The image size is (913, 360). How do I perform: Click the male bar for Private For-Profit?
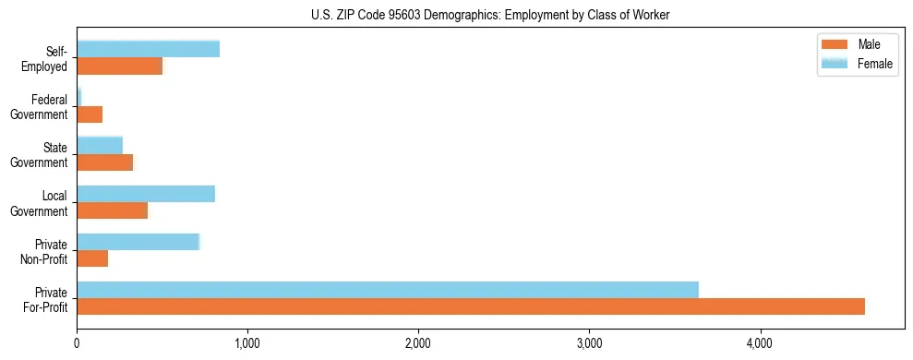[471, 306]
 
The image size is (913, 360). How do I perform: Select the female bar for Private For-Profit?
[388, 290]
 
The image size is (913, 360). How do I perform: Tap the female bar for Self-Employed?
[148, 49]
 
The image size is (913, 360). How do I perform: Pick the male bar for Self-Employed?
[119, 66]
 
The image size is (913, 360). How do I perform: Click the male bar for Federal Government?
[90, 114]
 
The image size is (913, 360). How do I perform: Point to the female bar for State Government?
[100, 145]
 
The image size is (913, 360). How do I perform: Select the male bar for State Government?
[104, 162]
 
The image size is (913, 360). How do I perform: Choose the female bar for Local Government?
[146, 194]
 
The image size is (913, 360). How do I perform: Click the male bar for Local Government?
[112, 210]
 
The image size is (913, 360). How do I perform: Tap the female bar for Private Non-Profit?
[138, 242]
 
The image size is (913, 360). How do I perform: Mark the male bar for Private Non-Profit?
[92, 258]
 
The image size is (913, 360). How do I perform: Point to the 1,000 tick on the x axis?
[247, 343]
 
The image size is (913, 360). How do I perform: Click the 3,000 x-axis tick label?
[589, 343]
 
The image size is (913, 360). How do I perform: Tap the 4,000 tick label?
[760, 343]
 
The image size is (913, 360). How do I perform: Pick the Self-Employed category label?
[47, 59]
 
